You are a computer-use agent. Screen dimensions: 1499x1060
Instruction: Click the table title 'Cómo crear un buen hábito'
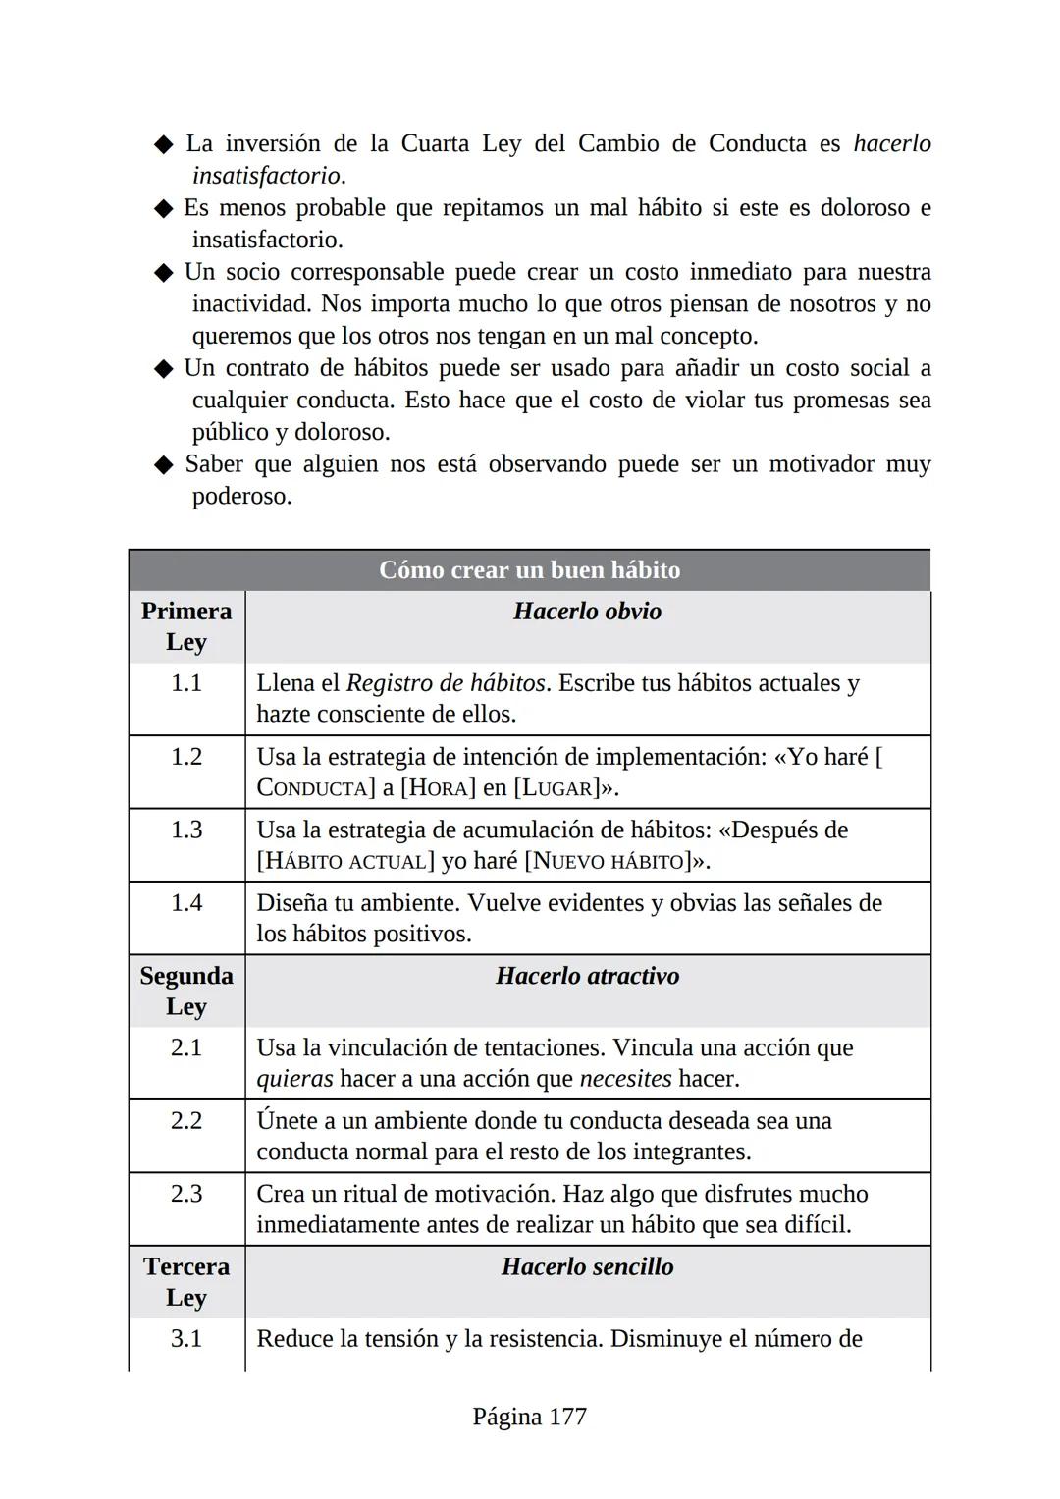(x=529, y=570)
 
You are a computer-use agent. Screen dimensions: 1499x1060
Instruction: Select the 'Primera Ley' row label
(x=186, y=625)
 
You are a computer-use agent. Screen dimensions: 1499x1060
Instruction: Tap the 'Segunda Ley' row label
(x=186, y=990)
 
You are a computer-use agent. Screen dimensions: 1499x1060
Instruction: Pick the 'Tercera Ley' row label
(x=186, y=1281)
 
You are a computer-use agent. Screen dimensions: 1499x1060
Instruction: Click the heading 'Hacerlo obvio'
(x=587, y=611)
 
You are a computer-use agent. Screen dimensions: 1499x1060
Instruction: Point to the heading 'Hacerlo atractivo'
(x=587, y=976)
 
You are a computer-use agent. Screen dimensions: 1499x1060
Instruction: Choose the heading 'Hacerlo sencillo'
(x=587, y=1266)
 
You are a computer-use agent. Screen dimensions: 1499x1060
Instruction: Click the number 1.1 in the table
(x=186, y=683)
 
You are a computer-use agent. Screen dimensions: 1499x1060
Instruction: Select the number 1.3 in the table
(x=186, y=830)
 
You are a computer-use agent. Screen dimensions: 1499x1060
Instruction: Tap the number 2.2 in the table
(x=186, y=1121)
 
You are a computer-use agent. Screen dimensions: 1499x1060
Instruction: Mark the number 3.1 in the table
(x=186, y=1339)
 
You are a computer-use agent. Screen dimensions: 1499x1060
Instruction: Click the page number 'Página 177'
(x=529, y=1417)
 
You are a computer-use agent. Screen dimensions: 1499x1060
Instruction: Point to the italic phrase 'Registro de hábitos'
(x=446, y=683)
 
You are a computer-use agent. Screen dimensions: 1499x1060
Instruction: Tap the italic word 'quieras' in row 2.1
(x=294, y=1079)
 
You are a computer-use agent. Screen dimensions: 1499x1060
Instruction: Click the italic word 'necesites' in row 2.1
(x=625, y=1079)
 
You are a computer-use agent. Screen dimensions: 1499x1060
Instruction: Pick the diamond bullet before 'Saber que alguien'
(x=164, y=465)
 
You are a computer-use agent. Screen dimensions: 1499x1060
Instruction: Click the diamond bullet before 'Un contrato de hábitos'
(x=164, y=369)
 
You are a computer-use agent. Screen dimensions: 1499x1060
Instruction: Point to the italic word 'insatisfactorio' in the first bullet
(x=266, y=176)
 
